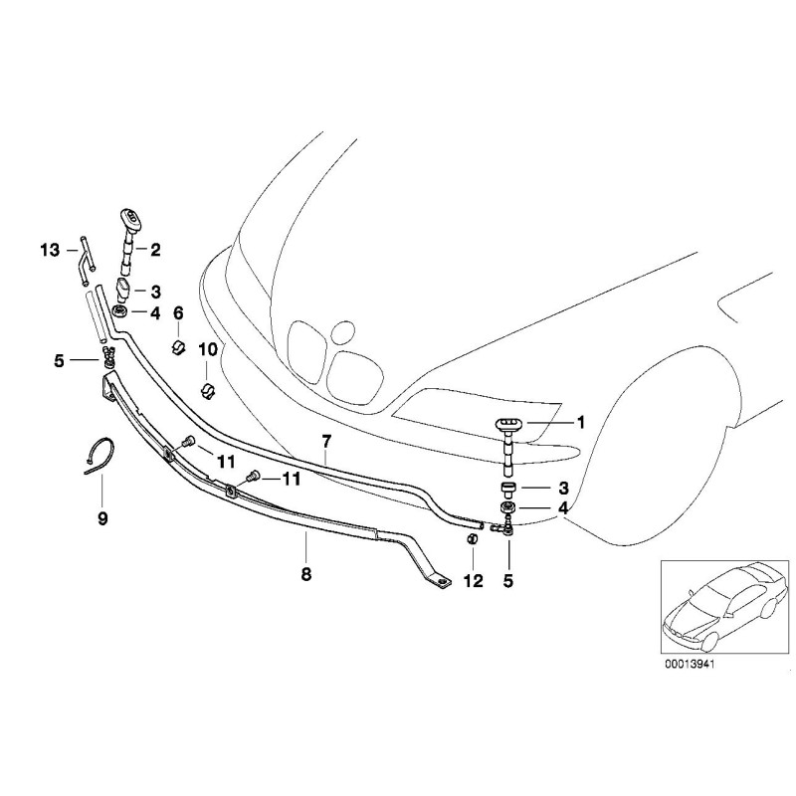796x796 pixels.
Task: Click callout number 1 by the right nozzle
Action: pyautogui.click(x=581, y=423)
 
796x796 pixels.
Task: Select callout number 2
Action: pyautogui.click(x=155, y=251)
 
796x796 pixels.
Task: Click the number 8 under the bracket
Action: pyautogui.click(x=306, y=574)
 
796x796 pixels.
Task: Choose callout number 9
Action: pyautogui.click(x=103, y=517)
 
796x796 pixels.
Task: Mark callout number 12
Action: pyautogui.click(x=473, y=581)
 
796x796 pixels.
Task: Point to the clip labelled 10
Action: pyautogui.click(x=208, y=388)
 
